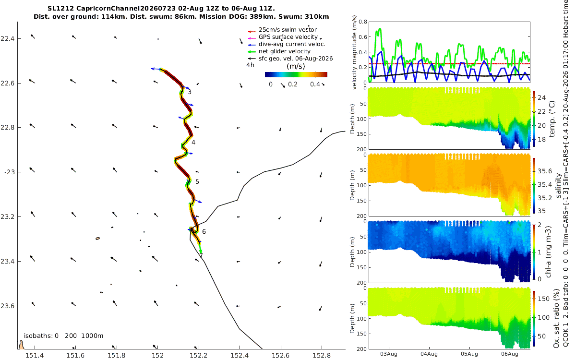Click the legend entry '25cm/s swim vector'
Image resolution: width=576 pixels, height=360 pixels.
coord(288,30)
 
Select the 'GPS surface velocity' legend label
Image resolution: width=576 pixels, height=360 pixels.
coord(288,37)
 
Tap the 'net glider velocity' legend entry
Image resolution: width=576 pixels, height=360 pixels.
coord(284,51)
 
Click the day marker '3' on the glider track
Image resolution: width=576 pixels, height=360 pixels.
coord(190,92)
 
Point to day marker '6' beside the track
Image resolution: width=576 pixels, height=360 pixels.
coord(204,232)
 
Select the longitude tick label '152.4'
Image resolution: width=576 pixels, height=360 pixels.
coord(240,355)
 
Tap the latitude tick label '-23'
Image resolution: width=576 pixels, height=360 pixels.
coord(9,172)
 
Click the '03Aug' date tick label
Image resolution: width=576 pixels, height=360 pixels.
coord(388,354)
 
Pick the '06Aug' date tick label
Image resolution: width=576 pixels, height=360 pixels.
coord(510,354)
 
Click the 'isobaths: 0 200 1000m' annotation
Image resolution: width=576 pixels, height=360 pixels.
coord(63,336)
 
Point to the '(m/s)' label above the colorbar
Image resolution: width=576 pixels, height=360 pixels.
coord(296,66)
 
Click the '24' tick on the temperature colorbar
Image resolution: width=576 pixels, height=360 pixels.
coord(541,97)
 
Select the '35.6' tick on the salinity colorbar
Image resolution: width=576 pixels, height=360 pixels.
coord(545,171)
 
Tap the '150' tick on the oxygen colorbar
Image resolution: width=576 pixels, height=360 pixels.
coord(543,299)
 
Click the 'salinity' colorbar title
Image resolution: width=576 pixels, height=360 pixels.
coord(558,185)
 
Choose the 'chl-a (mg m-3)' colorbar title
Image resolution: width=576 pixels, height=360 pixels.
coord(548,252)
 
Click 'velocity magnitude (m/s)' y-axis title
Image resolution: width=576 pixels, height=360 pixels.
coord(354,53)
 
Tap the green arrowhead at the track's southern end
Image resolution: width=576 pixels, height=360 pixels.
coord(201,251)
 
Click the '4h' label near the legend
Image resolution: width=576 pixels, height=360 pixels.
coord(250,65)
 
